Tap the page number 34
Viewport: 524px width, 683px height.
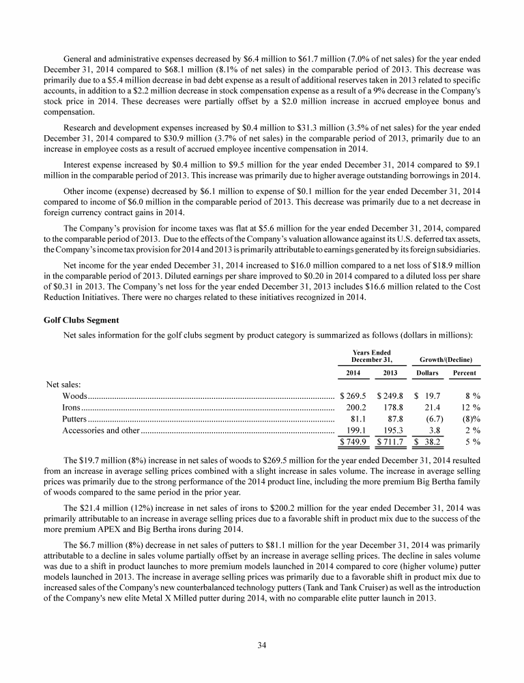click(x=262, y=645)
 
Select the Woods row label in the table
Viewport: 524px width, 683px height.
click(x=74, y=395)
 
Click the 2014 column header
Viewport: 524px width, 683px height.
click(x=350, y=373)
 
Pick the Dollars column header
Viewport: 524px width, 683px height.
click(x=428, y=373)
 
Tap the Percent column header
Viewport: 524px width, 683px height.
click(x=465, y=373)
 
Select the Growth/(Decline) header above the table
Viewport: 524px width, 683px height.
click(x=447, y=360)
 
